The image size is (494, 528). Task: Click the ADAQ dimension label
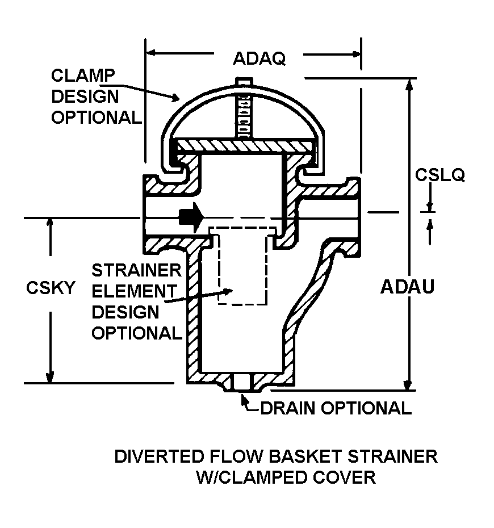[x=259, y=58]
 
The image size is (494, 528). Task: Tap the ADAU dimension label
[x=407, y=287]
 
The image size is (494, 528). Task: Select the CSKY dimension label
[x=51, y=288]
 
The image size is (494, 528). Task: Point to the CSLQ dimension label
[x=439, y=175]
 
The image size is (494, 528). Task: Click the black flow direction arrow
[x=190, y=216]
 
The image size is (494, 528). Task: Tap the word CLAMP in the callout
[x=83, y=76]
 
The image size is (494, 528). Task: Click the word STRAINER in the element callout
[x=136, y=270]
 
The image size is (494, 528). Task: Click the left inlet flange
[x=148, y=215]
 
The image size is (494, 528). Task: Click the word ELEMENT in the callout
[x=134, y=291]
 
